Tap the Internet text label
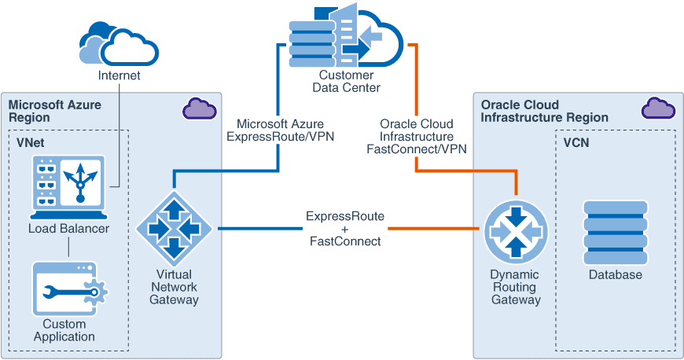pos(120,76)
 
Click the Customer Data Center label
pos(346,81)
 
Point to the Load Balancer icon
pos(68,186)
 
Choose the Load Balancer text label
pos(68,229)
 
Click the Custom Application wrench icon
pos(69,289)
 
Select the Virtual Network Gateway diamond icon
pos(175,229)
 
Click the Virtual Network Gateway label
pos(175,287)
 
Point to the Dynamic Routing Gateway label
pos(515,287)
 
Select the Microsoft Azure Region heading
pos(55,111)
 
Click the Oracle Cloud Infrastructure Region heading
pos(544,111)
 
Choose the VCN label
pos(576,143)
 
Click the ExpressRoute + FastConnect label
pos(346,229)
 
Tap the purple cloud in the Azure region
pos(200,108)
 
